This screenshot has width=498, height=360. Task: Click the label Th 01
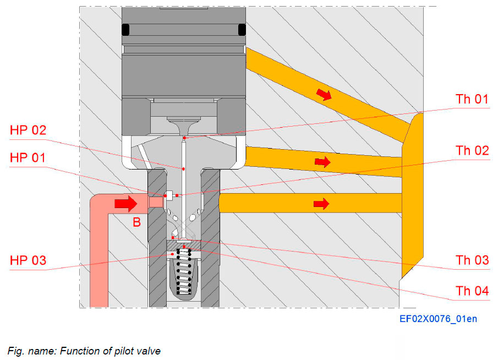pyautogui.click(x=472, y=100)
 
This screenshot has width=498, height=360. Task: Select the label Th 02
pyautogui.click(x=472, y=150)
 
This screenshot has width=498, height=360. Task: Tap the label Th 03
pyautogui.click(x=472, y=260)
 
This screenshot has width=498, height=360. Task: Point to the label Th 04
pyautogui.click(x=472, y=291)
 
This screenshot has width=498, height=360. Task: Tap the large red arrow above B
pyautogui.click(x=126, y=204)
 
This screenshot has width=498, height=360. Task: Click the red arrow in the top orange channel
pyautogui.click(x=325, y=95)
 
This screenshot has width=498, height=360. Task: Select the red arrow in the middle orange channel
pyautogui.click(x=322, y=162)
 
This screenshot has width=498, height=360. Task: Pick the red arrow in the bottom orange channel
pyautogui.click(x=321, y=204)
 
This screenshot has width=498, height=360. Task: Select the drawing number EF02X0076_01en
pyautogui.click(x=438, y=319)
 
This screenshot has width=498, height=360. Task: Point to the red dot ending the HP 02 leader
pyautogui.click(x=183, y=168)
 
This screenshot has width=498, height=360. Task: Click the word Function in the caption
pyautogui.click(x=78, y=351)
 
